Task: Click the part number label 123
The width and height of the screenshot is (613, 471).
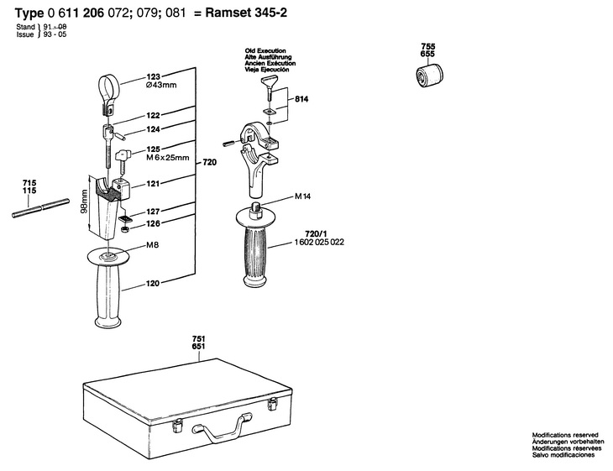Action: pyautogui.click(x=153, y=75)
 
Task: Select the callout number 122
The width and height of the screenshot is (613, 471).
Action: pyautogui.click(x=153, y=115)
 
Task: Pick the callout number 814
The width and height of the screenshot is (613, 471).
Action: pyautogui.click(x=301, y=99)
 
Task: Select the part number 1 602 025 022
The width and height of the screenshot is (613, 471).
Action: pyautogui.click(x=321, y=242)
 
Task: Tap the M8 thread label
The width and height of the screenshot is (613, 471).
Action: pyautogui.click(x=153, y=246)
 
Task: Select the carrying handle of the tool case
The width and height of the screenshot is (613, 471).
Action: pyautogui.click(x=213, y=430)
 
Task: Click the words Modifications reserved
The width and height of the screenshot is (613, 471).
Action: pyautogui.click(x=564, y=435)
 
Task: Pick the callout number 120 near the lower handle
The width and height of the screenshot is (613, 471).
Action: pyautogui.click(x=153, y=285)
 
